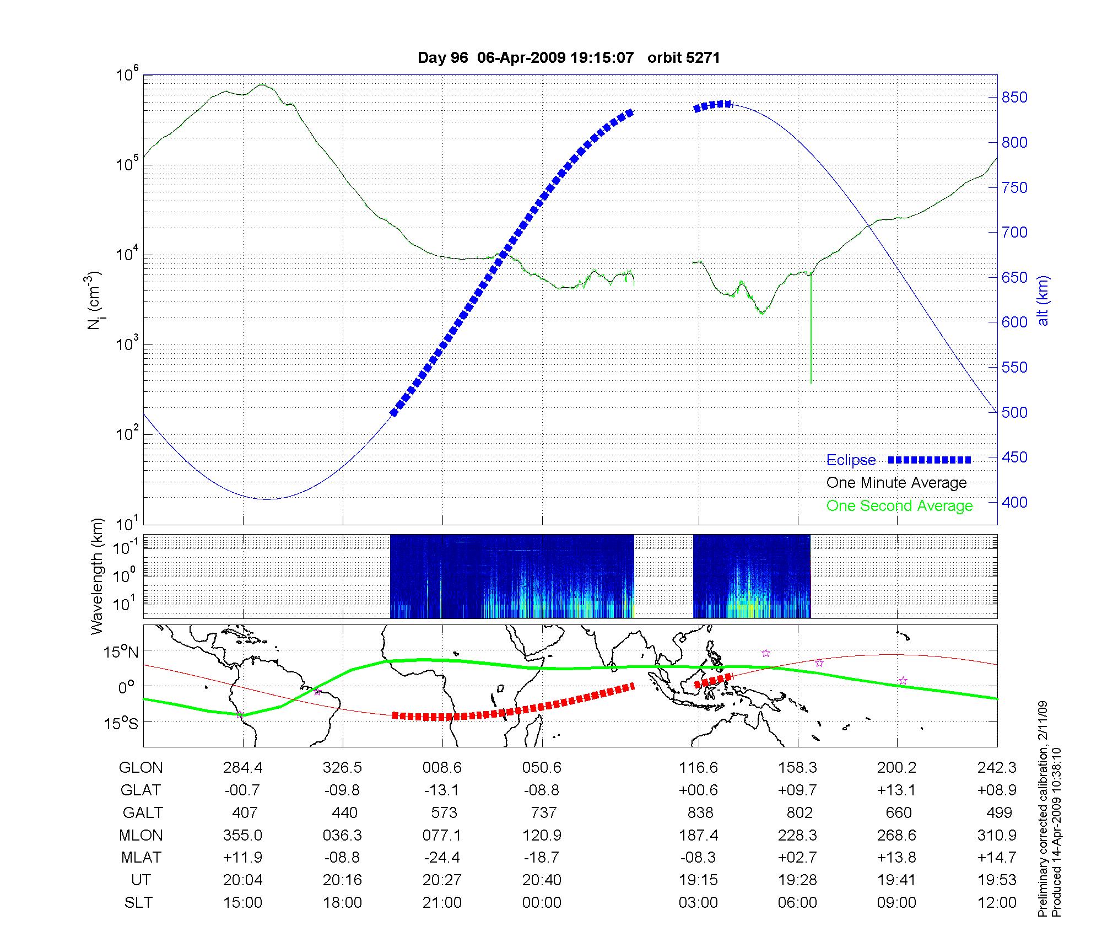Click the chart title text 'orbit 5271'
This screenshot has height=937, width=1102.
click(683, 58)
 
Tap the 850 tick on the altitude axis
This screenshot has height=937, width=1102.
click(1014, 98)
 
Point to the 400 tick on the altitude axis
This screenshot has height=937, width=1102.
click(1014, 502)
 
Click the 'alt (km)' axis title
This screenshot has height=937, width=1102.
click(1043, 301)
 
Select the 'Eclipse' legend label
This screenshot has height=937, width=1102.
click(851, 460)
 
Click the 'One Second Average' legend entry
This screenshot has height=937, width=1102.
click(899, 506)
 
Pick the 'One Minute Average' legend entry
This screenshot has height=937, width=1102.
click(896, 483)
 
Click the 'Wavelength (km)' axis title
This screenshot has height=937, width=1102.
click(98, 577)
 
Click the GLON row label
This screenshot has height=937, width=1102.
click(141, 768)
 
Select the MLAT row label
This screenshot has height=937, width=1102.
click(141, 858)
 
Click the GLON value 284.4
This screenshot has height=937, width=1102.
click(243, 768)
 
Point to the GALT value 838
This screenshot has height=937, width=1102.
click(700, 813)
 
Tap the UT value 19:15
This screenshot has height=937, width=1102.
click(699, 880)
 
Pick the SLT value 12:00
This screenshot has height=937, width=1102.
click(998, 903)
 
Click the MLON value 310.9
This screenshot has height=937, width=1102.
click(998, 836)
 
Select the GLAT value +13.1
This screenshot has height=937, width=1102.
click(898, 790)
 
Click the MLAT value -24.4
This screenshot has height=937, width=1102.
click(442, 858)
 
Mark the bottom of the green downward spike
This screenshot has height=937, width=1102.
click(811, 383)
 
